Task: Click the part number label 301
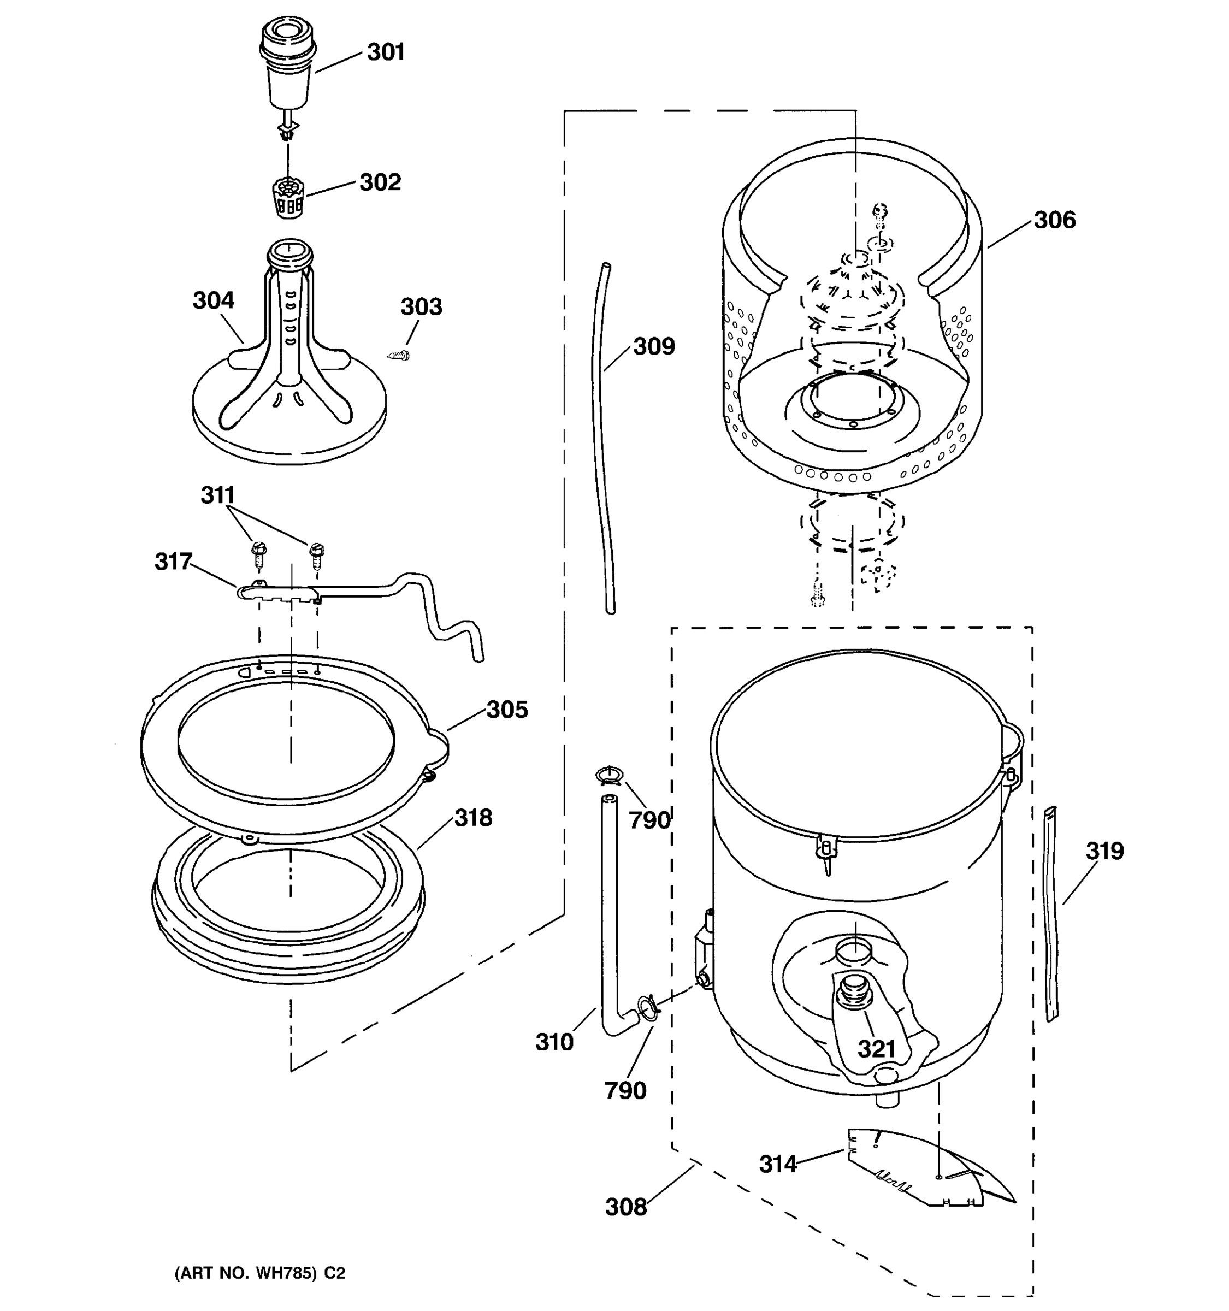click(x=386, y=52)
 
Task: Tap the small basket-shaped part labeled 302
click(x=288, y=198)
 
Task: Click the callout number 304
click(x=213, y=301)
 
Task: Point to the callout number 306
click(x=1054, y=220)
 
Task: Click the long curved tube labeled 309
click(x=602, y=435)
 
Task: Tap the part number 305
click(x=507, y=710)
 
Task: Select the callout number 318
click(x=472, y=818)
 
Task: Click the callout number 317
click(x=173, y=562)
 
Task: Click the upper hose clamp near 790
click(x=608, y=776)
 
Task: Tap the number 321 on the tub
click(x=876, y=1049)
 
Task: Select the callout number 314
click(x=778, y=1165)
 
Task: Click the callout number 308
click(x=626, y=1207)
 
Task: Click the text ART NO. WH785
click(x=259, y=1273)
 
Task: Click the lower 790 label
click(x=625, y=1090)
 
